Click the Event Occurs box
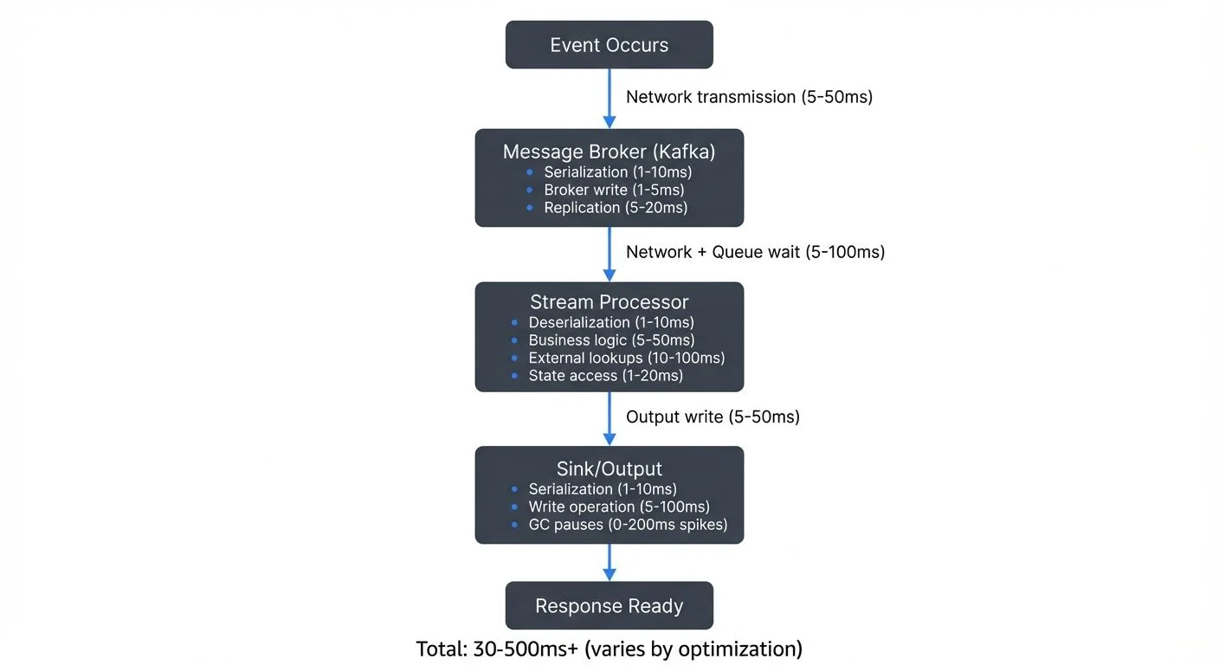pos(609,45)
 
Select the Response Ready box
pos(609,606)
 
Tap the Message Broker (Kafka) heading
pos(609,152)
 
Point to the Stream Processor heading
pos(609,302)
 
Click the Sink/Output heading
pos(609,468)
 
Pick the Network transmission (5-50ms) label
pos(749,97)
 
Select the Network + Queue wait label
pos(755,252)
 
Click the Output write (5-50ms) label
pos(713,416)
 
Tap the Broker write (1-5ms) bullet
pos(614,190)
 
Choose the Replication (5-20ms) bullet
pos(616,208)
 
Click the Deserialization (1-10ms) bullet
pos(611,322)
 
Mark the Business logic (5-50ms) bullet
pos(611,340)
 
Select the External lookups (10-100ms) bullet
pos(626,358)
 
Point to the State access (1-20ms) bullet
pos(605,376)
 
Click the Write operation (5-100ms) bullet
pos(618,507)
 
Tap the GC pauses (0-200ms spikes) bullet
pos(628,525)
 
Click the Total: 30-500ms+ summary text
pos(609,649)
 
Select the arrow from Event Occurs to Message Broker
pos(609,99)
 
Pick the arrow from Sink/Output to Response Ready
pos(609,563)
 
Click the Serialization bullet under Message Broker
pos(617,171)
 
